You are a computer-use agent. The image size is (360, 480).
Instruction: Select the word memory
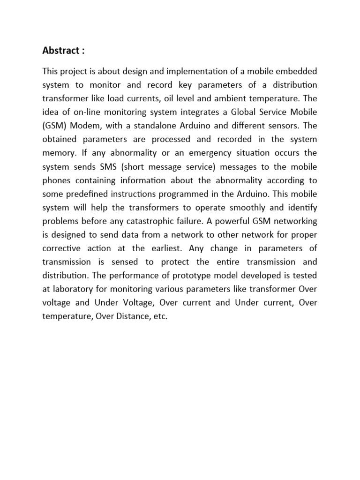58,153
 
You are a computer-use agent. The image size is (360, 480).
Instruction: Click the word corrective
61,248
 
